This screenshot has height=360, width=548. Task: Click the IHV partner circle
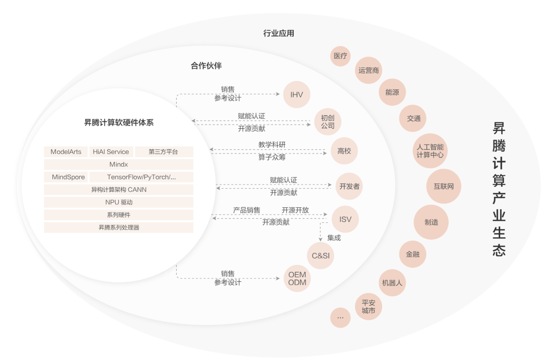tap(297, 95)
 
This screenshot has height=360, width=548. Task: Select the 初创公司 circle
tap(327, 122)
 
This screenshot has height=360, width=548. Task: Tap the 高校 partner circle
tap(344, 151)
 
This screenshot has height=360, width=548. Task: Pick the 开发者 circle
tap(349, 186)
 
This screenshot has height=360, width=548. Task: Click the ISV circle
tap(345, 219)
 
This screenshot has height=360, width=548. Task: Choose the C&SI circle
tap(320, 256)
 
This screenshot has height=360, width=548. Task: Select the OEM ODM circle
tap(297, 279)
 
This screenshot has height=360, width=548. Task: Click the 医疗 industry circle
tap(341, 56)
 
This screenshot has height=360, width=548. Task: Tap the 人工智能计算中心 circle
tap(430, 151)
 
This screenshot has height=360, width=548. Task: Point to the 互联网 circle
tap(444, 186)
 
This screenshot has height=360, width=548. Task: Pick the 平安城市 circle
tap(368, 307)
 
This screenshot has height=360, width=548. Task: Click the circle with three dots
tap(341, 317)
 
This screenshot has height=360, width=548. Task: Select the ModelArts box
tap(66, 152)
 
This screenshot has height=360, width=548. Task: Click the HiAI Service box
tap(111, 152)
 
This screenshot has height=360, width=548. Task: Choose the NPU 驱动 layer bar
tap(119, 202)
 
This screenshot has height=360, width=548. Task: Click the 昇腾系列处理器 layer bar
tap(119, 228)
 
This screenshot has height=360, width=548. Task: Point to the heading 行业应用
tap(279, 33)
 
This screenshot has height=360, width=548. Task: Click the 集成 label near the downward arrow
tap(334, 238)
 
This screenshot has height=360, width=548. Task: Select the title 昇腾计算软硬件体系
tap(119, 123)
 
